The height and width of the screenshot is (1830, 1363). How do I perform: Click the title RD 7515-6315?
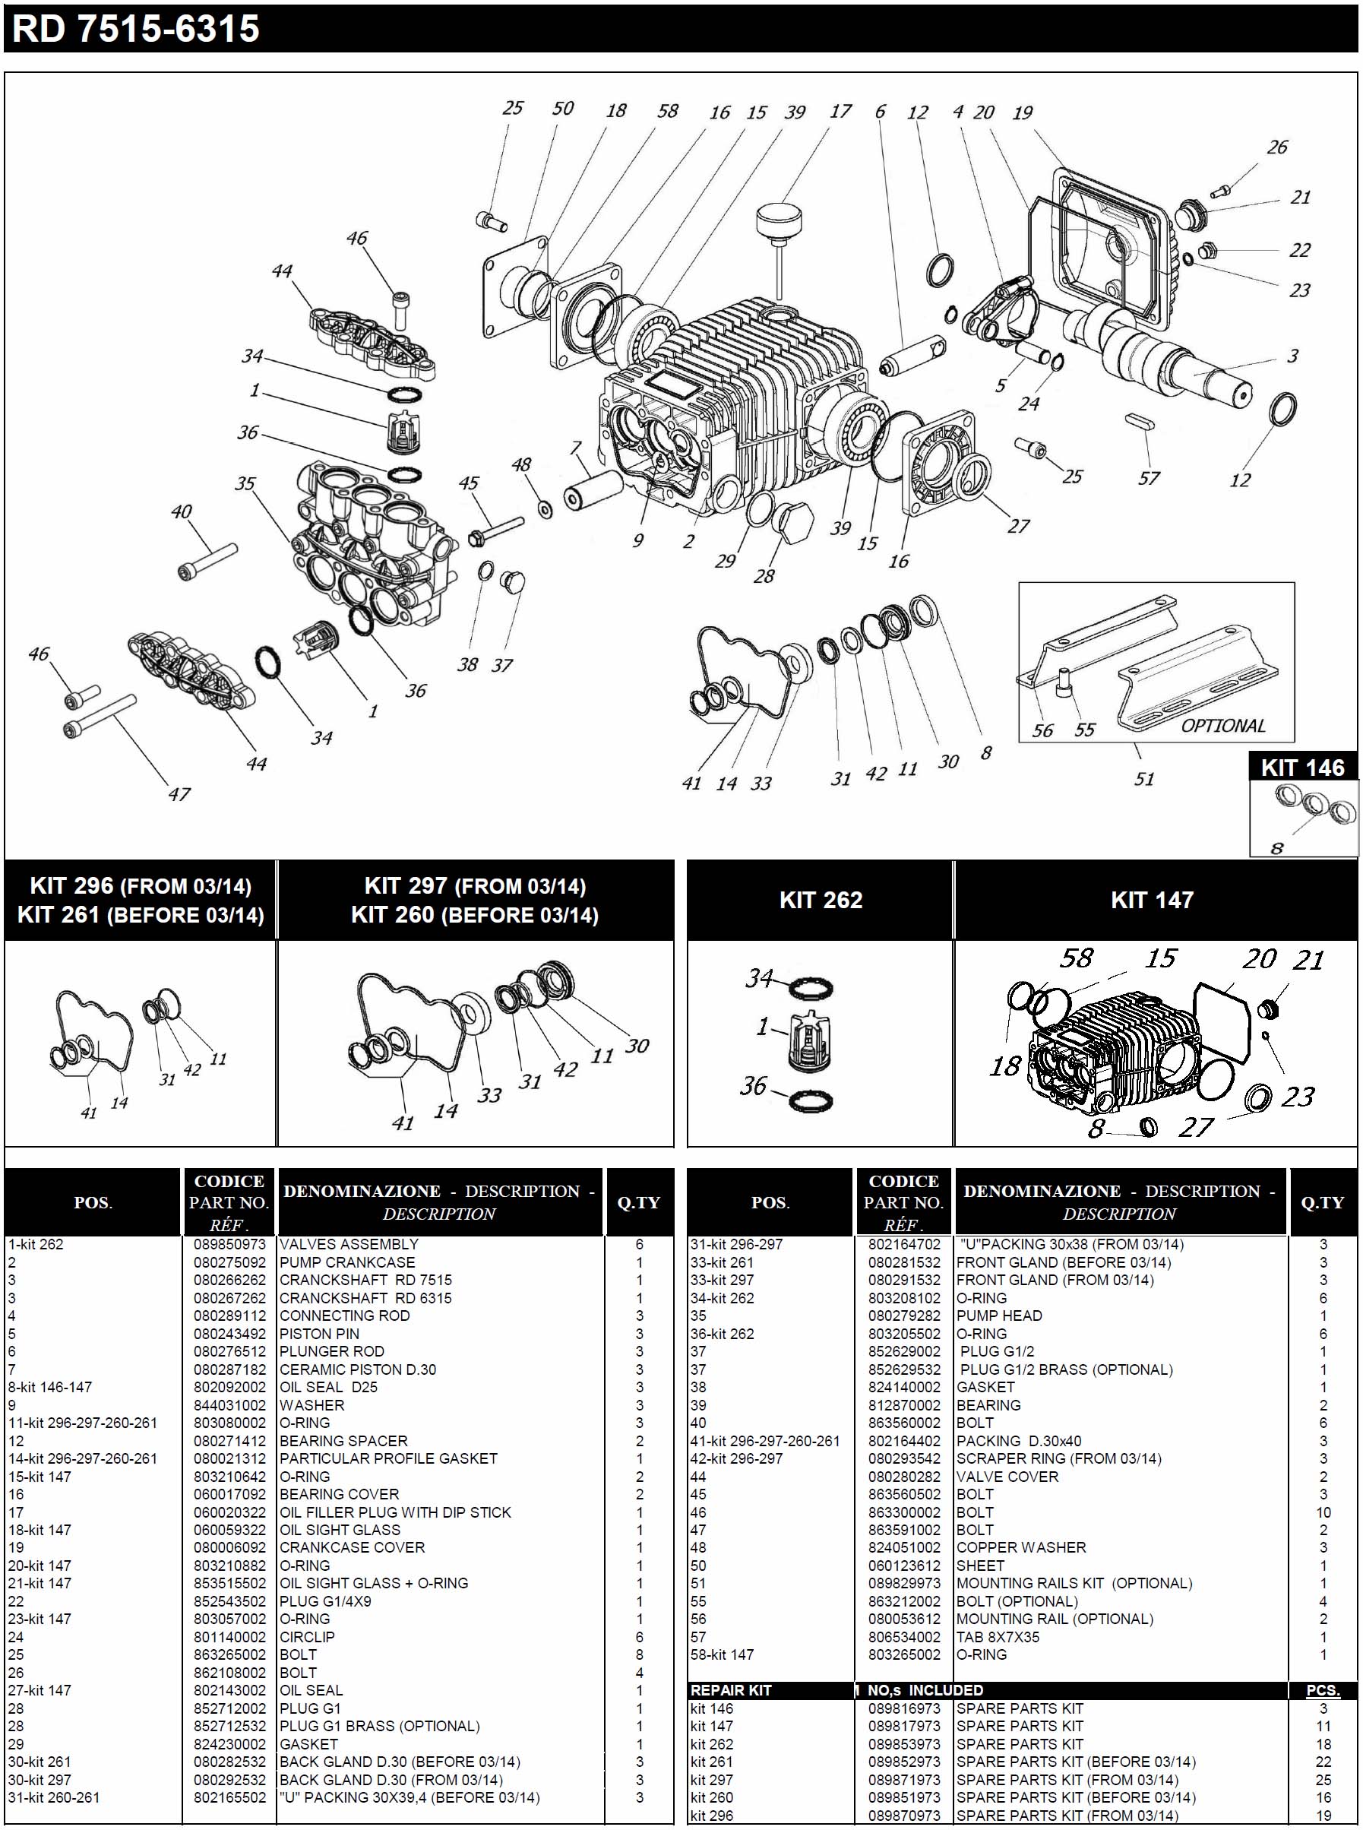pyautogui.click(x=136, y=30)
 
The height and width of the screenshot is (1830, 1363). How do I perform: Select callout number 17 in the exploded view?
pyautogui.click(x=840, y=112)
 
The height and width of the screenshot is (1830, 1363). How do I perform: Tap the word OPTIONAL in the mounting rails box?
pyautogui.click(x=1222, y=726)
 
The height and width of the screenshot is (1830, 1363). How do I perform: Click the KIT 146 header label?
pyautogui.click(x=1302, y=768)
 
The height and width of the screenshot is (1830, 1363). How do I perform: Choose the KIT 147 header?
pyautogui.click(x=1152, y=900)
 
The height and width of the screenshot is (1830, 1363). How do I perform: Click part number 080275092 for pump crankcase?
pyautogui.click(x=229, y=1262)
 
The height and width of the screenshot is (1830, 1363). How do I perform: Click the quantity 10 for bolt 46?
pyautogui.click(x=1323, y=1512)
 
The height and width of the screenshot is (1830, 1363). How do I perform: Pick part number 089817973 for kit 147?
pyautogui.click(x=903, y=1726)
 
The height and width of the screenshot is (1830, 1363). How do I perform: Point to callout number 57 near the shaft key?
pyautogui.click(x=1149, y=479)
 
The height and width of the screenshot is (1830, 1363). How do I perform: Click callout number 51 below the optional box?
pyautogui.click(x=1143, y=779)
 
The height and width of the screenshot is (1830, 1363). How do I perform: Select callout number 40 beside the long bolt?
pyautogui.click(x=182, y=511)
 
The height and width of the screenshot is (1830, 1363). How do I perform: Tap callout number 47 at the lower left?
pyautogui.click(x=179, y=794)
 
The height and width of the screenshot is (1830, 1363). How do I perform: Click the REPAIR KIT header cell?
pyautogui.click(x=730, y=1691)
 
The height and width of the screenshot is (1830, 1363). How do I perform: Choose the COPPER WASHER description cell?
pyautogui.click(x=1020, y=1548)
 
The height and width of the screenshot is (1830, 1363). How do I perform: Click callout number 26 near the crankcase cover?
pyautogui.click(x=1276, y=147)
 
